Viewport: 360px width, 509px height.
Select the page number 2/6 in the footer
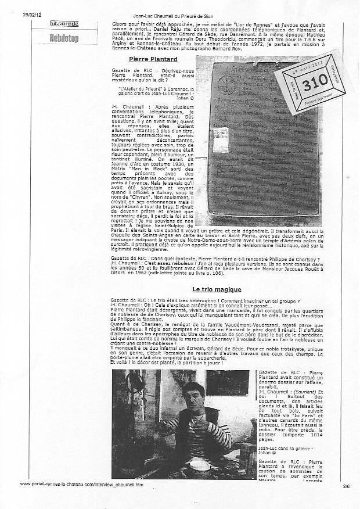click(347, 483)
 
